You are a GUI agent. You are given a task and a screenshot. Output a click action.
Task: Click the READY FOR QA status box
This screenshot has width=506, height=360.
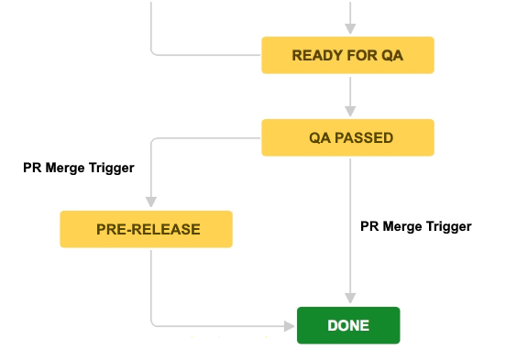point(347,55)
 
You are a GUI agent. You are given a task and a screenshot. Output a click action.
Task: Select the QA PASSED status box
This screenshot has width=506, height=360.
point(347,137)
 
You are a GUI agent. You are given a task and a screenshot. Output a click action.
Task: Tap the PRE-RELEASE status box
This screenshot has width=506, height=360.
point(147,229)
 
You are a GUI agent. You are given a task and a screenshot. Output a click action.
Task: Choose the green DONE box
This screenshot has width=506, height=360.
point(348,325)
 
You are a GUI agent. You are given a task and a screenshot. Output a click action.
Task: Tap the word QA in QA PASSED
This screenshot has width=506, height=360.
point(318,138)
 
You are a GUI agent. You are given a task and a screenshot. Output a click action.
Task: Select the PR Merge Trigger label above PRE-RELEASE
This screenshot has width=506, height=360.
point(79,168)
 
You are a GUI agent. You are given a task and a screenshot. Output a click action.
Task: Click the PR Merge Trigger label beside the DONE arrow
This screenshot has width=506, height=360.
point(415,225)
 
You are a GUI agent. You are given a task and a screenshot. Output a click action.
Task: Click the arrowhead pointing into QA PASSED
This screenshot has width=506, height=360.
point(349,114)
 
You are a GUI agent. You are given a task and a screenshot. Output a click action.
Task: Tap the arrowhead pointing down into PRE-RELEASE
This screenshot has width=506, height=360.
point(151,204)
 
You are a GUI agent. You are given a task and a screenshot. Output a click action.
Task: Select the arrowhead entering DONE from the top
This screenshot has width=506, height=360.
point(349,300)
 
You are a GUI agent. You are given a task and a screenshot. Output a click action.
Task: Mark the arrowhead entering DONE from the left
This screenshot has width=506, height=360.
point(291,324)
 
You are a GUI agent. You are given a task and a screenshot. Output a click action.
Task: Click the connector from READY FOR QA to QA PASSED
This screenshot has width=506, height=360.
point(349,92)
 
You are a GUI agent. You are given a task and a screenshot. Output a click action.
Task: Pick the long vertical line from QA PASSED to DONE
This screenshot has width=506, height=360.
point(349,202)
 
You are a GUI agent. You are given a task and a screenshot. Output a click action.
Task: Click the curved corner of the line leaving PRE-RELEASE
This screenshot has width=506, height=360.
point(153,322)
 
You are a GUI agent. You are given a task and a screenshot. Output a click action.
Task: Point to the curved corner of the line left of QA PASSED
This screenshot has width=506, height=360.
point(153,140)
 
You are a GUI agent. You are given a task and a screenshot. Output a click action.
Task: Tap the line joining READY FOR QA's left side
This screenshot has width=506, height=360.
point(211,55)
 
